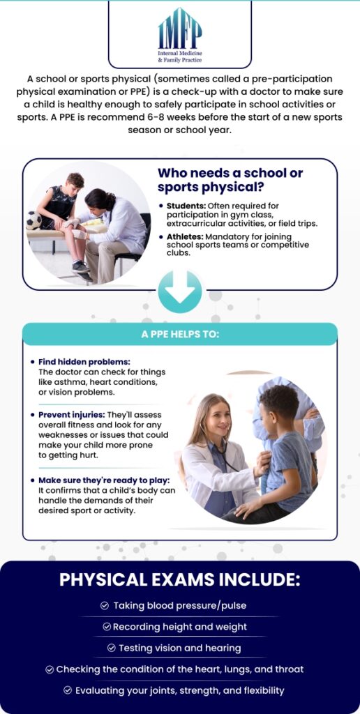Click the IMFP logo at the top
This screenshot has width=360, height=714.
click(x=180, y=35)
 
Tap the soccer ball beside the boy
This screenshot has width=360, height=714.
click(x=33, y=220)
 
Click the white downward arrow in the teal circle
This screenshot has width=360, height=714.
click(x=179, y=292)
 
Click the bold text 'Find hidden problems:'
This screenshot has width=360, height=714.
click(x=84, y=362)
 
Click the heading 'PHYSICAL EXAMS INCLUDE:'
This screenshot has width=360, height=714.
click(x=180, y=580)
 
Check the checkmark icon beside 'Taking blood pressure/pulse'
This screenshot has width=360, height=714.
click(x=105, y=606)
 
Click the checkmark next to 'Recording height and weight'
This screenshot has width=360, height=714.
click(x=107, y=627)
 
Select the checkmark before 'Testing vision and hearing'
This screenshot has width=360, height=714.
click(x=111, y=648)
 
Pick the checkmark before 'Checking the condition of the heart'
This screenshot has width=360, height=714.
click(x=50, y=669)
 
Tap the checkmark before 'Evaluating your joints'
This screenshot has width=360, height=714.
click(x=68, y=691)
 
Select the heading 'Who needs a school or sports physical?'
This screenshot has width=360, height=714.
click(x=230, y=181)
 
